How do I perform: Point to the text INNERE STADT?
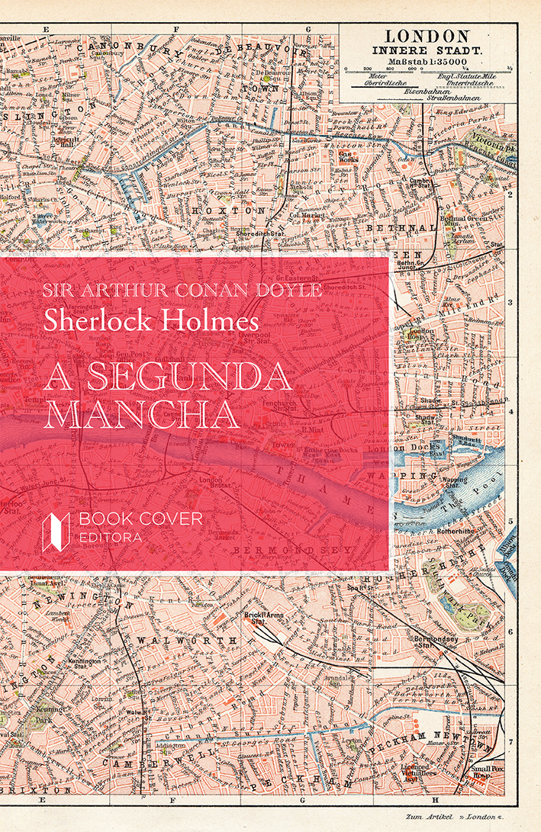[x=426, y=50]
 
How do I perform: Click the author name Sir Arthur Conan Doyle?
[x=182, y=291]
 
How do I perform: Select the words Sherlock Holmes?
[x=151, y=319]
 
